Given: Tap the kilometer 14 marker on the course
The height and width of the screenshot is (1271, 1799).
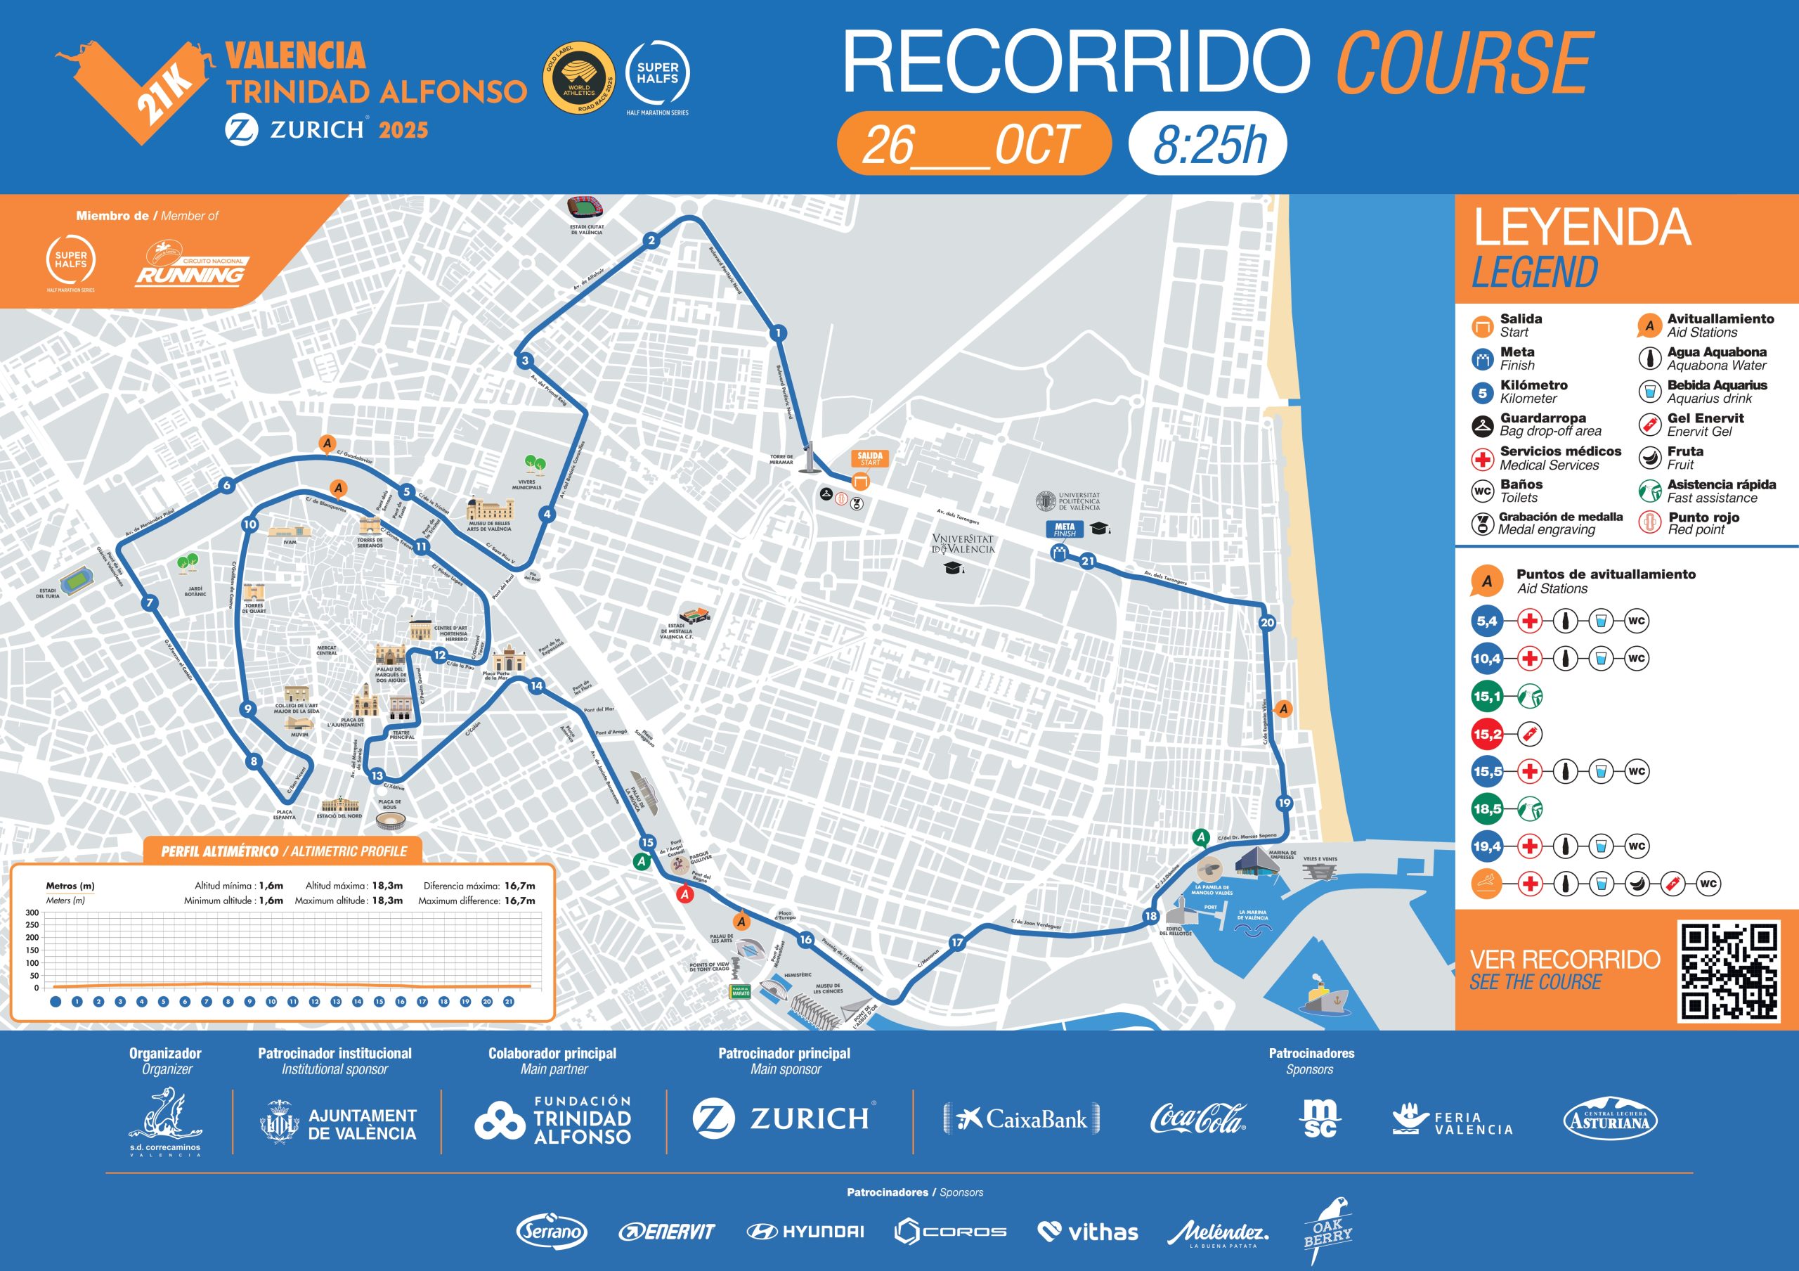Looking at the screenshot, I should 536,685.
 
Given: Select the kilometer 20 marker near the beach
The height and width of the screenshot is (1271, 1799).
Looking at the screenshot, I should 1267,623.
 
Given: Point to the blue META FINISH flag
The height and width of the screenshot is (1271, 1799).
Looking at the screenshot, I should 1064,530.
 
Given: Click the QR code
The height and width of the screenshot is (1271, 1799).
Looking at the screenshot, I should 1728,972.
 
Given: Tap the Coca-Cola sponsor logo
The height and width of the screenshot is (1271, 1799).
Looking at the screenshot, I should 1197,1118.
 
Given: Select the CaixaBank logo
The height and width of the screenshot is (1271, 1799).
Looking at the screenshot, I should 1022,1118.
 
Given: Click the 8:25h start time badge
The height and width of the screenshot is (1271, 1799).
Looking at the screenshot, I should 1207,144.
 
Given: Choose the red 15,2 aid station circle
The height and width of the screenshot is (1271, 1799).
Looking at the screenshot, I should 1486,734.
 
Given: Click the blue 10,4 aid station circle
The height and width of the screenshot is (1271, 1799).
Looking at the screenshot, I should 1486,658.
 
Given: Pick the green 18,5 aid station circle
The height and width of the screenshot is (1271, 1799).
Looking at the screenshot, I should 1486,808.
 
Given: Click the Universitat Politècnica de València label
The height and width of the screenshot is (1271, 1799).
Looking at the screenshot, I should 1078,501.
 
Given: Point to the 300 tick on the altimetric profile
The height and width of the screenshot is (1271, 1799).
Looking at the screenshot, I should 32,912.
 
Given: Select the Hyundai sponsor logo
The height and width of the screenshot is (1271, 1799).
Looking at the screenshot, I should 805,1231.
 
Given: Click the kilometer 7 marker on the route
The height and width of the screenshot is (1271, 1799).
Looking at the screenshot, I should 150,602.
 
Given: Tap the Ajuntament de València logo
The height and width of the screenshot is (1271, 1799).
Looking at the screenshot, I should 338,1123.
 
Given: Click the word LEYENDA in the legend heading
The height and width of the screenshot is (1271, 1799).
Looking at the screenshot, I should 1581,227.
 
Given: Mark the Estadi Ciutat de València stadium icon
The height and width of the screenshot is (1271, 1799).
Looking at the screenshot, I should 585,209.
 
